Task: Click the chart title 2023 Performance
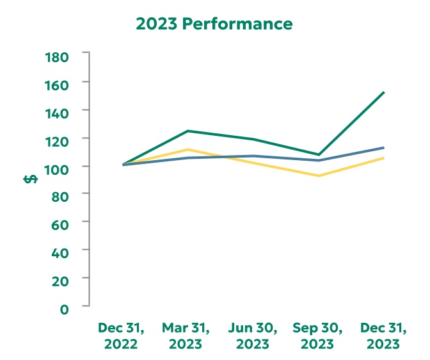(x=214, y=24)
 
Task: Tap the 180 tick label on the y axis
(x=57, y=56)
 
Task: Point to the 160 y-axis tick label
(x=57, y=83)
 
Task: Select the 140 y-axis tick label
(x=57, y=111)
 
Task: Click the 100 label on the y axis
(x=57, y=167)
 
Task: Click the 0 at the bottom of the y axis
(x=65, y=308)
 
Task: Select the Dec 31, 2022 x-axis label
(x=122, y=336)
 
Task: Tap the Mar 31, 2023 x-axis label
(x=186, y=336)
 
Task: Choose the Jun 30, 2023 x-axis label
(x=253, y=336)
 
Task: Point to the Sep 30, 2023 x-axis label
(x=318, y=336)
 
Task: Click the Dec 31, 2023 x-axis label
(x=383, y=336)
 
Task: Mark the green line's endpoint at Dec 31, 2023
(x=383, y=93)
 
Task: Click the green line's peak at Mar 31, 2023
(x=187, y=131)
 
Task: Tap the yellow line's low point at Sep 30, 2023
(x=318, y=176)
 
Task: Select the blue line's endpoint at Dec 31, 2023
(x=383, y=148)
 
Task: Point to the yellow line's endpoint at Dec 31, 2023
(x=383, y=158)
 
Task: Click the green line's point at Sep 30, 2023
(x=318, y=154)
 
